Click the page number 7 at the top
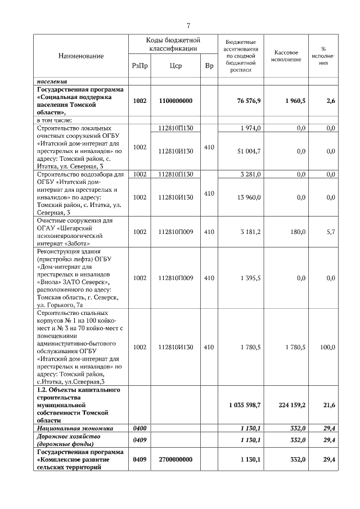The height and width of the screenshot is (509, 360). coord(188,25)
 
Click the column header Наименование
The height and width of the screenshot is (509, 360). coord(81,56)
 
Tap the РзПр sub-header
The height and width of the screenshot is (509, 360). coord(139,66)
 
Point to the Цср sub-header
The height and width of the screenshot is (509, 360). coord(175,66)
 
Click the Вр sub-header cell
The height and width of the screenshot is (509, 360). coord(209,66)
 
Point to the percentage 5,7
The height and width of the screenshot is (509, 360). coord(331,232)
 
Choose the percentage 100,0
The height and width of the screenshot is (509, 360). coord(327,347)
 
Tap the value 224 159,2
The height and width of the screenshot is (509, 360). coord(292,405)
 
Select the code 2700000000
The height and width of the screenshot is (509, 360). coord(175,460)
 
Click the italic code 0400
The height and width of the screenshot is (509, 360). coord(139,428)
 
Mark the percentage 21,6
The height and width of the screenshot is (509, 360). coord(329,405)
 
